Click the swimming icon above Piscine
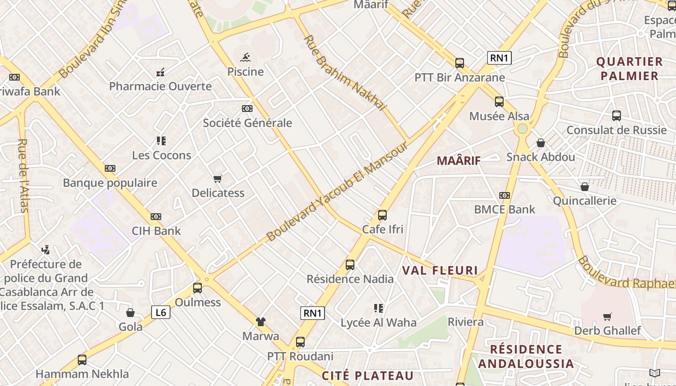click(x=245, y=57)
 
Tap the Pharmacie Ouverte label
click(x=160, y=86)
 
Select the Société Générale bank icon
click(x=247, y=109)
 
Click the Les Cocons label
click(x=162, y=155)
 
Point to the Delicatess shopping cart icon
click(x=218, y=179)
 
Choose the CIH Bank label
click(x=156, y=231)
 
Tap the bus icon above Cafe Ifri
click(x=382, y=215)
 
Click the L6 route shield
click(x=160, y=313)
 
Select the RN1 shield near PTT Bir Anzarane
click(x=499, y=58)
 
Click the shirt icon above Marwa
click(x=261, y=321)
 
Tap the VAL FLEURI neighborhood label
click(x=440, y=271)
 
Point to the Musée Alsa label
click(x=499, y=116)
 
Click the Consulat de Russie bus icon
click(x=617, y=115)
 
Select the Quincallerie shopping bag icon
click(x=585, y=187)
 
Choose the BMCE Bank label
click(x=505, y=209)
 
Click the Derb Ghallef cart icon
click(x=607, y=317)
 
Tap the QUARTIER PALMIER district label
click(x=629, y=69)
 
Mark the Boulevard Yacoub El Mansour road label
click(x=338, y=192)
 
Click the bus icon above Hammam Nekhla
click(x=82, y=359)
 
